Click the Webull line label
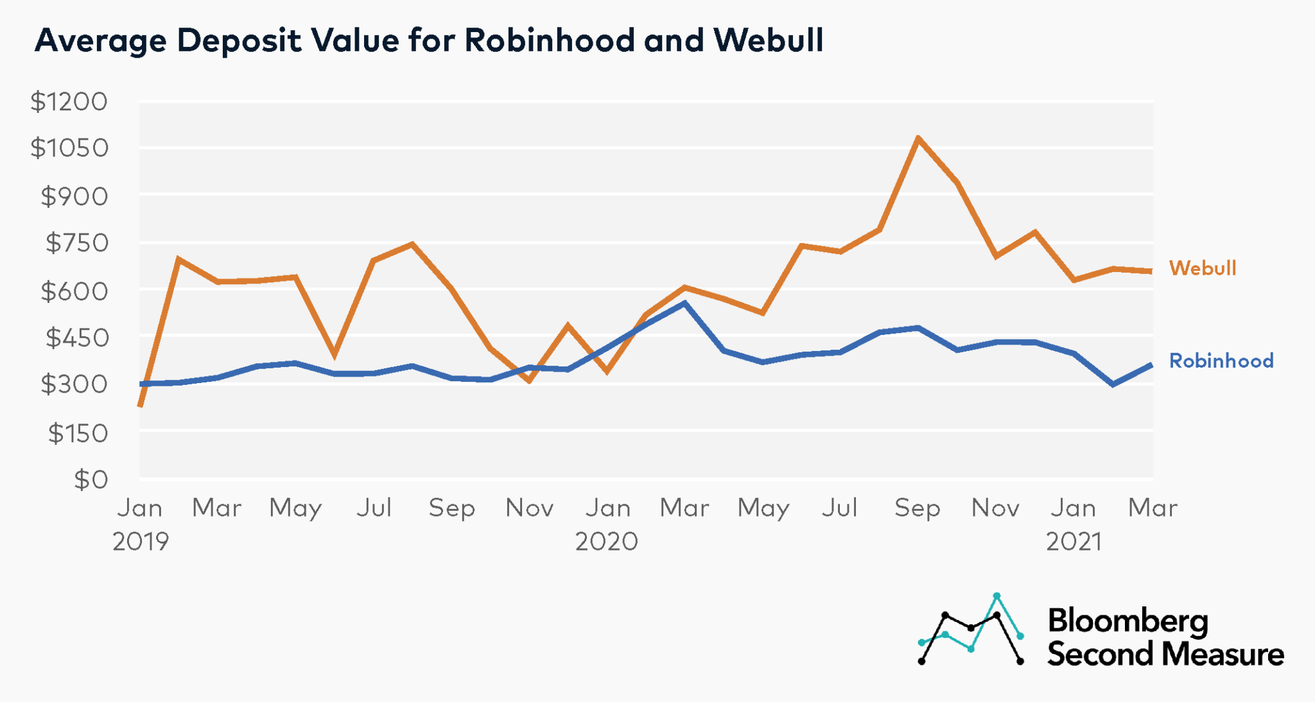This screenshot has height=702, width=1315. click(x=1202, y=268)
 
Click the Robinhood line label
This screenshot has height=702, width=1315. click(x=1221, y=361)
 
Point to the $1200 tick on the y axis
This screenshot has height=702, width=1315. click(x=69, y=101)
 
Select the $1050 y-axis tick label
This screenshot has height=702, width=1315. click(x=69, y=148)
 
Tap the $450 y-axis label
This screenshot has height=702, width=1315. click(x=76, y=338)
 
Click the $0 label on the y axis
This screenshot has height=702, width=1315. click(x=91, y=479)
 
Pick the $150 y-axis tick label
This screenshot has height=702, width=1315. click(x=77, y=433)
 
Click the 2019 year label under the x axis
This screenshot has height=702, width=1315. click(x=141, y=542)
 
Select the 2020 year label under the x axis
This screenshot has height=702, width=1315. click(x=607, y=542)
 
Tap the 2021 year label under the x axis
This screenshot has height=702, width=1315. click(x=1074, y=542)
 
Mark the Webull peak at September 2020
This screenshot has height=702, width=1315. click(x=918, y=138)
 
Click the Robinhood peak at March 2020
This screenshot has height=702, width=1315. click(x=684, y=303)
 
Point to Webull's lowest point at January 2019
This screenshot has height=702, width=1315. click(x=140, y=406)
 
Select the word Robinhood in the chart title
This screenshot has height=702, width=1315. click(x=550, y=40)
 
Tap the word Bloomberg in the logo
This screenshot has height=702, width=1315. click(x=1128, y=621)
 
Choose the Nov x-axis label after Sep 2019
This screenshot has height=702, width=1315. click(x=529, y=508)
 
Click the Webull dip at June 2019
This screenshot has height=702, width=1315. click(x=334, y=355)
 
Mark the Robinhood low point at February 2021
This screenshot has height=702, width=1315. click(x=1113, y=384)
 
